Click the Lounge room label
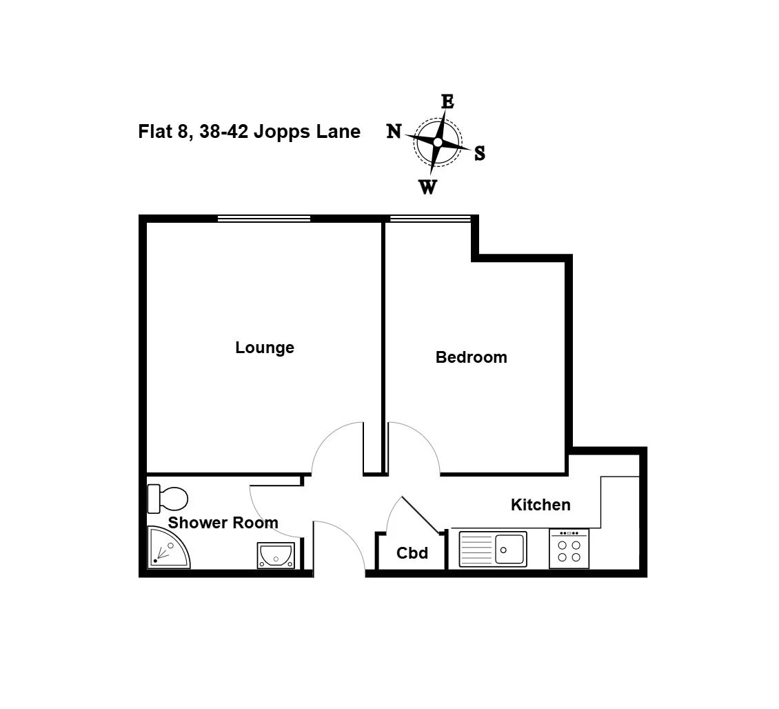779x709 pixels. (264, 348)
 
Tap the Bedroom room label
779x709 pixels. (471, 357)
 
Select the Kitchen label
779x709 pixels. (540, 505)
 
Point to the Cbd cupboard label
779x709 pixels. (412, 553)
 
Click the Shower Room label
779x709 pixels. (223, 523)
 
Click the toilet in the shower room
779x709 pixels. (168, 498)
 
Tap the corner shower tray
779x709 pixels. (168, 548)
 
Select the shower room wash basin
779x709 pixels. (276, 555)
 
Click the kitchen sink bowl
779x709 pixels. (509, 549)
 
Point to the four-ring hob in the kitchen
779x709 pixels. (569, 549)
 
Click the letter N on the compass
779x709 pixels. (394, 131)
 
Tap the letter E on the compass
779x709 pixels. (447, 101)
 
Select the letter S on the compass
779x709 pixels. (479, 153)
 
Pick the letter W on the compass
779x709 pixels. (427, 188)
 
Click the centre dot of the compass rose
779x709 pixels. (438, 142)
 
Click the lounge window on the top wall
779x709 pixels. (264, 218)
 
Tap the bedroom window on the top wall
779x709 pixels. (430, 218)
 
